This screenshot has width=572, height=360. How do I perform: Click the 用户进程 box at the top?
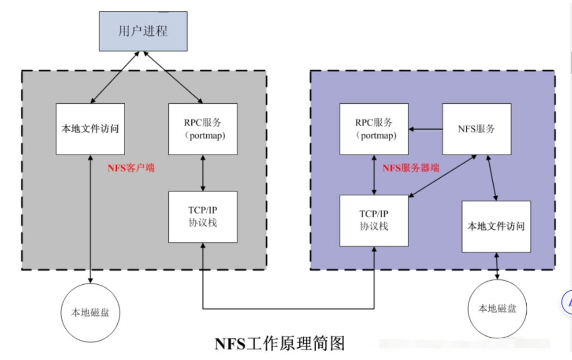point(143,31)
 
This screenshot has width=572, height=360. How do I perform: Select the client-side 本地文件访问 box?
point(90,129)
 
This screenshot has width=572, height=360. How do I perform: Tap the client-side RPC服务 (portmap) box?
point(203,129)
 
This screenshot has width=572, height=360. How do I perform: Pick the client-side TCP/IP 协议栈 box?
point(203,217)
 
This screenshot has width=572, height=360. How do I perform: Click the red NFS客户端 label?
point(131,167)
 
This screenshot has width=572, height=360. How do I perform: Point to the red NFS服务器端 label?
point(411,167)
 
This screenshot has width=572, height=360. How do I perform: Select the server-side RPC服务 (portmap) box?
point(374,129)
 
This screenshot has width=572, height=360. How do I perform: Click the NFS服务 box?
point(477,129)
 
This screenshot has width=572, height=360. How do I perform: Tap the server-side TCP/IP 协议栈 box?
point(374,220)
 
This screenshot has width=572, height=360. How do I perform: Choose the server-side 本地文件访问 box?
point(496,227)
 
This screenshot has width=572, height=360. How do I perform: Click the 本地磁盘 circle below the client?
point(90,312)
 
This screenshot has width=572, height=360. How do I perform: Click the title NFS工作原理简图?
point(280,343)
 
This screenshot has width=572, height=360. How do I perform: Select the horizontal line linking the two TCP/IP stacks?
point(288,308)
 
